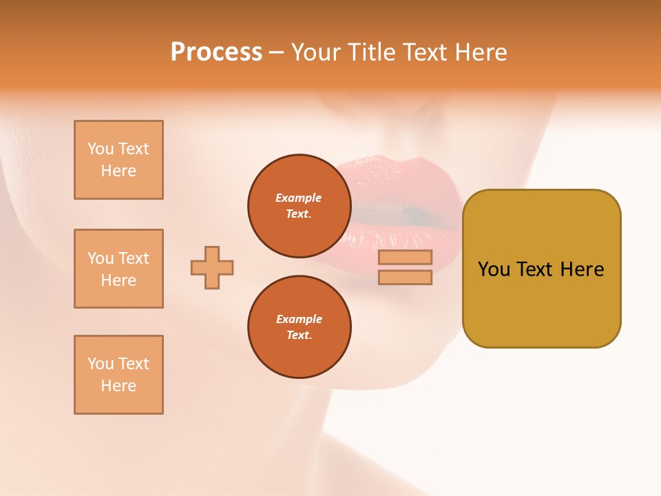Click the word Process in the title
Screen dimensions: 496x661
pyautogui.click(x=216, y=52)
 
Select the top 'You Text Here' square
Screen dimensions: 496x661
pyautogui.click(x=118, y=160)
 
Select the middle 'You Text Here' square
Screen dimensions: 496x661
pyautogui.click(x=118, y=269)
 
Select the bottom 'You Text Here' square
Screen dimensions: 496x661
pyautogui.click(x=118, y=375)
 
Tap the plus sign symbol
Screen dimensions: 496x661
pyautogui.click(x=212, y=267)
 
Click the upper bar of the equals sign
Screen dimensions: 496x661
pyautogui.click(x=405, y=258)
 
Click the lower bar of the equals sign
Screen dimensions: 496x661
pyautogui.click(x=405, y=278)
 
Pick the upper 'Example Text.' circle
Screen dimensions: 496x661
pyautogui.click(x=299, y=205)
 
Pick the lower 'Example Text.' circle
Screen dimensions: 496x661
pyautogui.click(x=299, y=327)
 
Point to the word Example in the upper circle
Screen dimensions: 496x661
pyautogui.click(x=298, y=198)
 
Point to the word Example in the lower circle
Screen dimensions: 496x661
pyautogui.click(x=299, y=319)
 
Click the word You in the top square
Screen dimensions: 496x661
pyautogui.click(x=101, y=149)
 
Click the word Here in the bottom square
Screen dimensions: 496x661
pyautogui.click(x=118, y=386)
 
